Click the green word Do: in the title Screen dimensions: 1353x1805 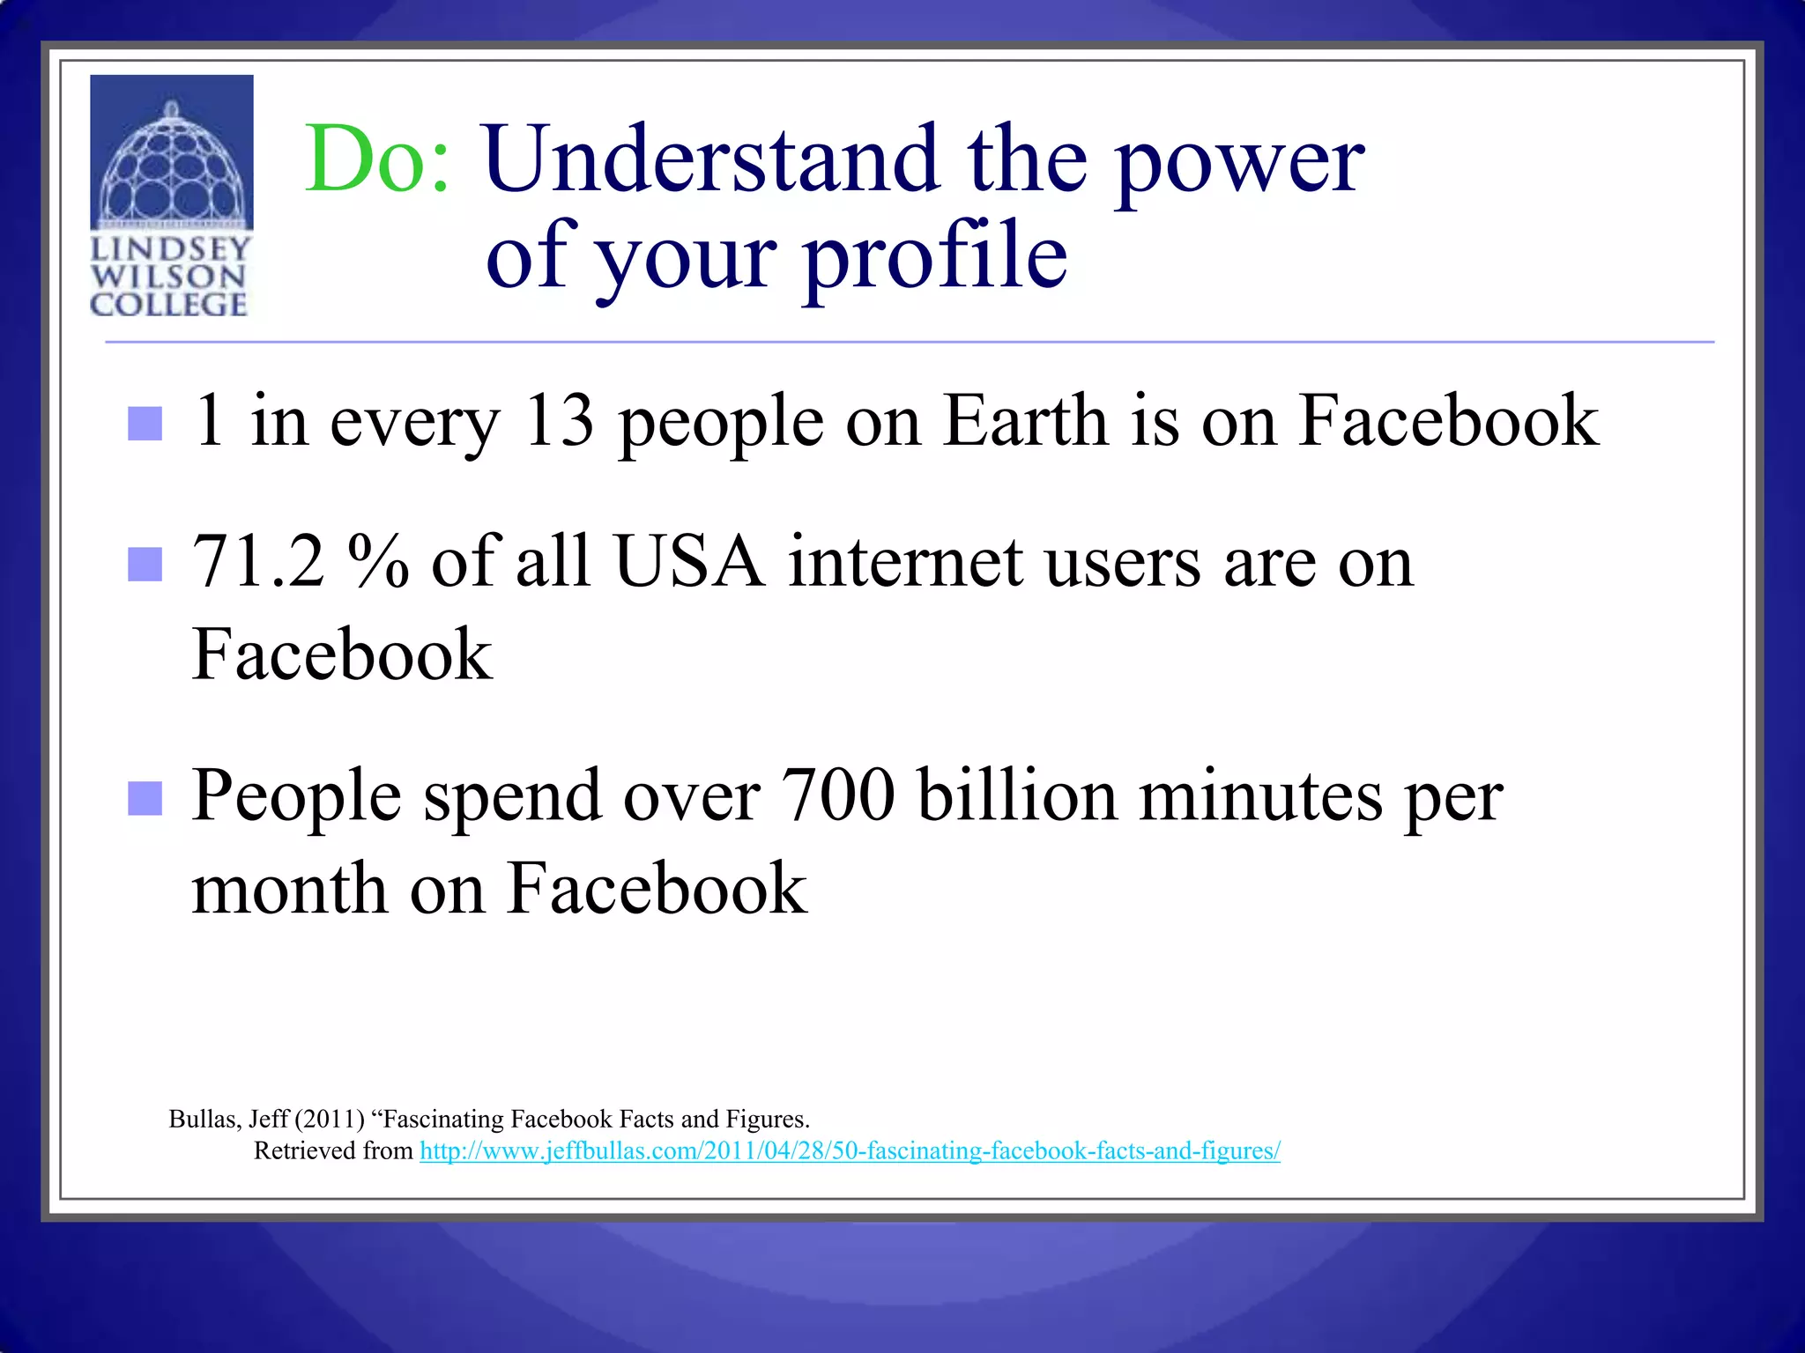(377, 159)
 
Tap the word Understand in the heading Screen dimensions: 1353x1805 (710, 159)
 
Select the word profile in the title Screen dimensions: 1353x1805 (936, 255)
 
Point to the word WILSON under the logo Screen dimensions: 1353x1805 (167, 277)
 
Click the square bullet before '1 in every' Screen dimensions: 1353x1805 (145, 424)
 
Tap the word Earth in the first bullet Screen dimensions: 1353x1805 (1025, 421)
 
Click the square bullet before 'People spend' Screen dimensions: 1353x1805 (145, 799)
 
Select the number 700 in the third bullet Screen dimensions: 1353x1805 (838, 795)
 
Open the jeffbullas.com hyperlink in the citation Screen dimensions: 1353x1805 (850, 1150)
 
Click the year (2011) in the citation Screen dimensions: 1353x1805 (330, 1119)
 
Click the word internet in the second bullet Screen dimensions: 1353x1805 (905, 562)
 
